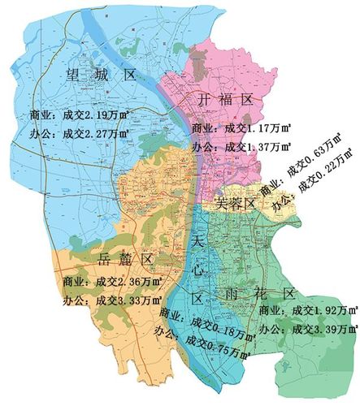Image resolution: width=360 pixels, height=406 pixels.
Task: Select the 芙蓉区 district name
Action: click(237, 202)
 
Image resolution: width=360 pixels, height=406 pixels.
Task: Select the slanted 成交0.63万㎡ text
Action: click(321, 159)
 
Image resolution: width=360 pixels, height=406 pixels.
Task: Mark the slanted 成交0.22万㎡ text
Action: click(327, 177)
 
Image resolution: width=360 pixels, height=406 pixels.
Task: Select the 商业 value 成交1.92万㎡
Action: click(324, 310)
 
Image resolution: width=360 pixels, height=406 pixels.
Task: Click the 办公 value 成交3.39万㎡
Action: click(324, 329)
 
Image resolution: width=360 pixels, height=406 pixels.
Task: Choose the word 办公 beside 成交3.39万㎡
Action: click(271, 329)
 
